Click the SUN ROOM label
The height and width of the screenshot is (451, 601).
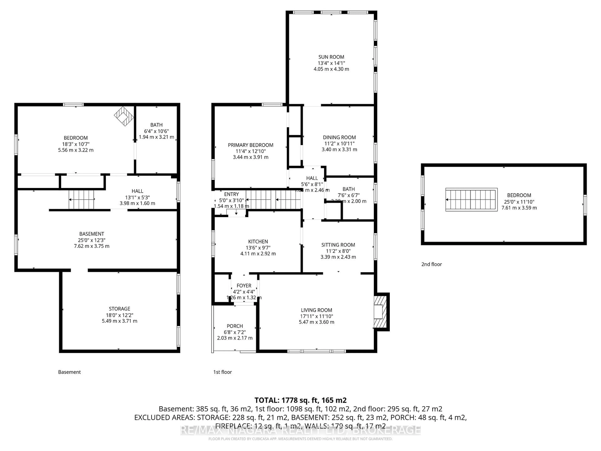pyautogui.click(x=331, y=57)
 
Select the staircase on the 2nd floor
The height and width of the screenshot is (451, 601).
pyautogui.click(x=471, y=200)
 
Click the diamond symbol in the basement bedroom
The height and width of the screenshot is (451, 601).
pyautogui.click(x=124, y=116)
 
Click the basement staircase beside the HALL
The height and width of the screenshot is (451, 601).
pyautogui.click(x=81, y=200)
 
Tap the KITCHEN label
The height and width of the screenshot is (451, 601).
pyautogui.click(x=258, y=241)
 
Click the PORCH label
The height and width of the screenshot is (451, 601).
pyautogui.click(x=235, y=326)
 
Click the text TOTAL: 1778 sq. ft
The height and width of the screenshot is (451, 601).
pyautogui.click(x=300, y=400)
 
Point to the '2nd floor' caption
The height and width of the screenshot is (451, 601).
pyautogui.click(x=431, y=264)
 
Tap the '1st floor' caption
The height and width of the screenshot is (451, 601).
pyautogui.click(x=223, y=372)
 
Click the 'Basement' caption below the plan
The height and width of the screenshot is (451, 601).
pyautogui.click(x=69, y=372)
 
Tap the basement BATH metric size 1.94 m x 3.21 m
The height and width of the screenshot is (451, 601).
pyautogui.click(x=157, y=137)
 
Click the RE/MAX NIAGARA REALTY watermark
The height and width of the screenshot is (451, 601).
pyautogui.click(x=300, y=430)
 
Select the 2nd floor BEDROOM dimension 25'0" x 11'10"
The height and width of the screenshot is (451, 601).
pyautogui.click(x=519, y=202)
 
